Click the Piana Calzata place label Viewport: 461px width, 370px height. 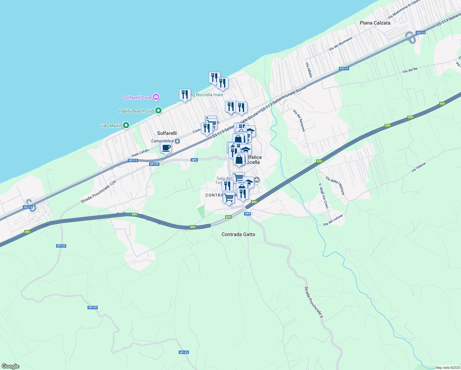pos(375,23)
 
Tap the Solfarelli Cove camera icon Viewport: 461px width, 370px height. pos(156,97)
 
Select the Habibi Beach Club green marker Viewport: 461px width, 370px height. pos(158,110)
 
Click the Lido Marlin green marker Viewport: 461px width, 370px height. pos(126,125)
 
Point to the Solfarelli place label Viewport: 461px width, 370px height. pos(167,133)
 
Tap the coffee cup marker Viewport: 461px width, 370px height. pos(166,148)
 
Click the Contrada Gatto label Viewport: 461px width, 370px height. pos(238,234)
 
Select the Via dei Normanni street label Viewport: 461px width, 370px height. pos(340,44)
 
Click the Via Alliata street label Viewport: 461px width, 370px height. pos(309,70)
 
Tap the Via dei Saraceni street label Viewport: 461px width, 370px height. pos(299,120)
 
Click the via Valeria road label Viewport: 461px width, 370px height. pos(418,167)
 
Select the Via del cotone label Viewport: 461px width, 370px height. pos(333,220)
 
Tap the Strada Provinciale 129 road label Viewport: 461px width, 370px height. pos(98,192)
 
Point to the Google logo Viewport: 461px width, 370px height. pos(10,366)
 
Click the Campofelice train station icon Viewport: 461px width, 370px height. pos(177,141)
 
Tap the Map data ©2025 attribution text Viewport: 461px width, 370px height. pos(448,368)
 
